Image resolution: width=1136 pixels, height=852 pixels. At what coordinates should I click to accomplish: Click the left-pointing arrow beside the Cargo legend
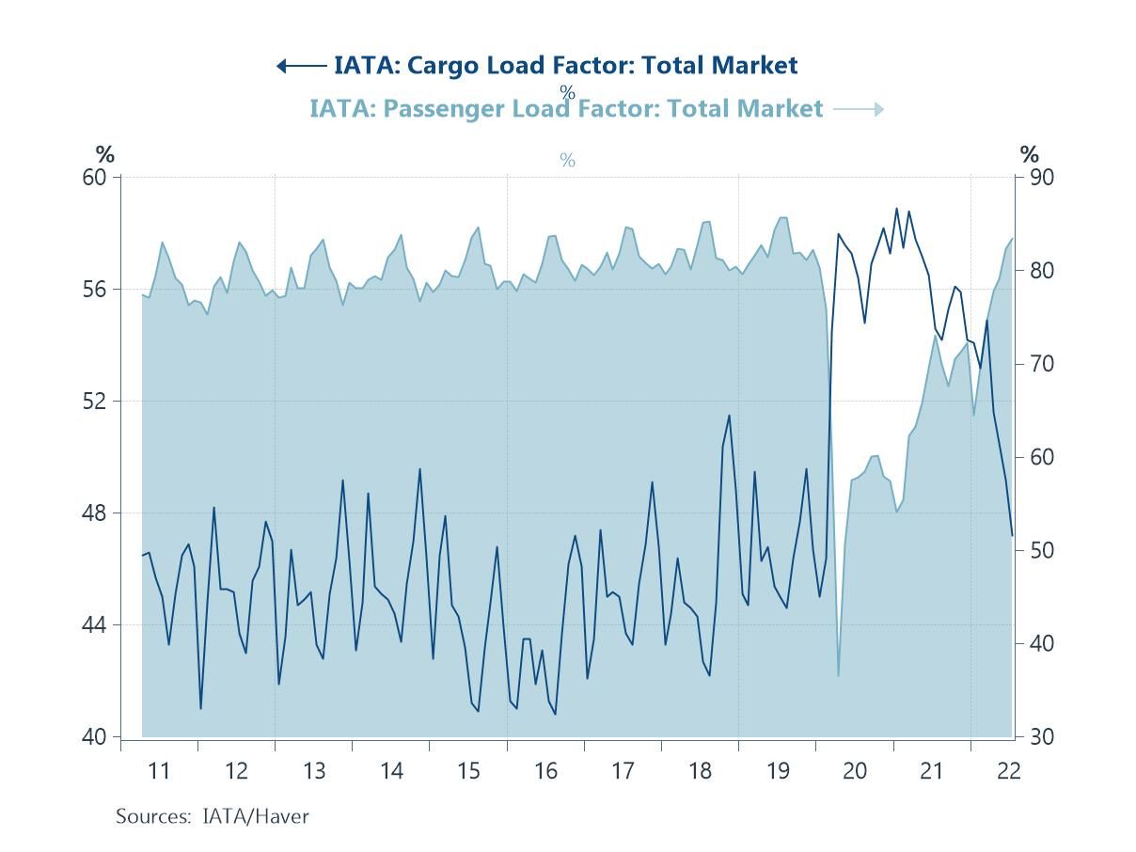[301, 66]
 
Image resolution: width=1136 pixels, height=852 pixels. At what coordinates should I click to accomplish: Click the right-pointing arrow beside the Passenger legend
[859, 110]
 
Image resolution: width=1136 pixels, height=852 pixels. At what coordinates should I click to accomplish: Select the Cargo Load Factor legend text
[565, 65]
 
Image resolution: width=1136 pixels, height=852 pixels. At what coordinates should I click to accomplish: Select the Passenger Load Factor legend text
[565, 109]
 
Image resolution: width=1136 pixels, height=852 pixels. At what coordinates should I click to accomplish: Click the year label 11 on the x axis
[159, 771]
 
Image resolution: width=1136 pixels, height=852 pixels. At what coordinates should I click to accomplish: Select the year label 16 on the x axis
[545, 771]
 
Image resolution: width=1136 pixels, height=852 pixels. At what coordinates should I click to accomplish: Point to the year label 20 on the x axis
[855, 771]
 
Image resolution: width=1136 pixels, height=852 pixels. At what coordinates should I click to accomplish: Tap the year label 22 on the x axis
[1009, 771]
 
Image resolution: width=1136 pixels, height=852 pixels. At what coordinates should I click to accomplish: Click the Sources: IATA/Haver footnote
[212, 816]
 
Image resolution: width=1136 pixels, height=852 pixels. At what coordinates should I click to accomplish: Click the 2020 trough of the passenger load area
[838, 674]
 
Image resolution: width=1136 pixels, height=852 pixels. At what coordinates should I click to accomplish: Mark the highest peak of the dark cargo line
[896, 209]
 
